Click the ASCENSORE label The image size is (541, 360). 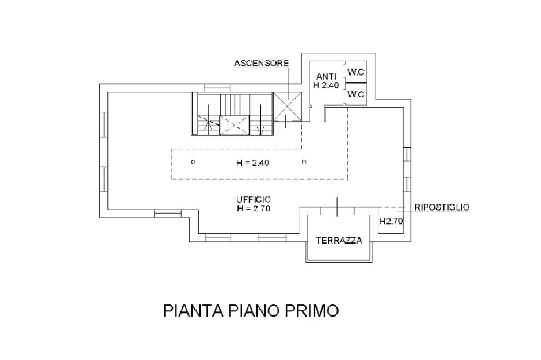click(x=261, y=63)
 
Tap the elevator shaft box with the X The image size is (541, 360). click(x=287, y=107)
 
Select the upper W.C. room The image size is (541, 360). click(x=356, y=72)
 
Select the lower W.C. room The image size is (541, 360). click(x=356, y=94)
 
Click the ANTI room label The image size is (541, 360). click(x=326, y=77)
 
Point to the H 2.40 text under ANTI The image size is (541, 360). click(x=326, y=85)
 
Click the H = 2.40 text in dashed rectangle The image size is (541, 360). click(x=253, y=163)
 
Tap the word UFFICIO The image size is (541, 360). click(x=254, y=200)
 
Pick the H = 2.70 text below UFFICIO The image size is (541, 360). click(x=254, y=209)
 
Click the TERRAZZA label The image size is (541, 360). click(x=339, y=240)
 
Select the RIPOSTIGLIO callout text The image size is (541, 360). click(x=442, y=207)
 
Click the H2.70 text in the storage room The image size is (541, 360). click(x=391, y=221)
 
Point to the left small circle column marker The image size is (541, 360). click(x=193, y=162)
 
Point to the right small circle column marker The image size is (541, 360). click(x=304, y=162)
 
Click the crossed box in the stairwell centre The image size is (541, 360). click(x=235, y=125)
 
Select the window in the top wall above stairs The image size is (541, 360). click(x=217, y=88)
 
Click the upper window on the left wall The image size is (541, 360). click(x=104, y=125)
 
